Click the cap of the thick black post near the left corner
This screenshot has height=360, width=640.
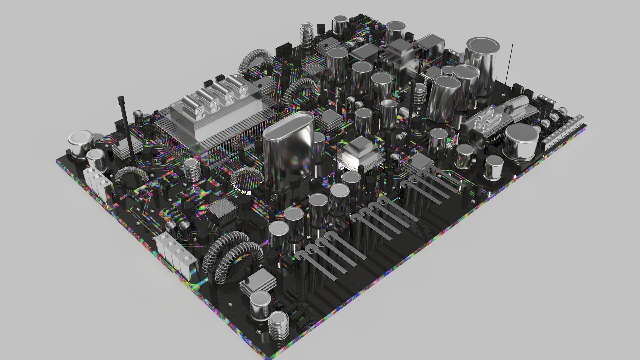pos(121,99)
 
